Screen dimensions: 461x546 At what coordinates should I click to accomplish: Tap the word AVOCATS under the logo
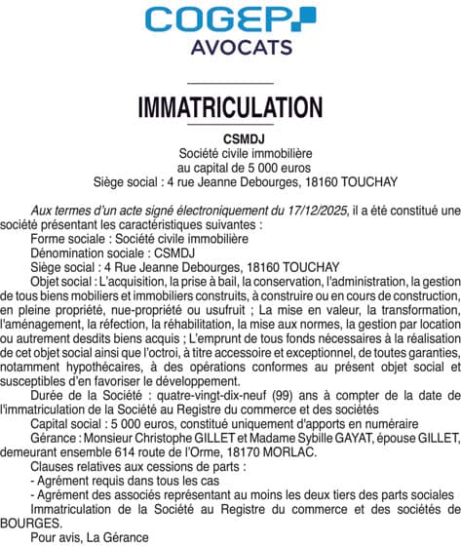[230, 48]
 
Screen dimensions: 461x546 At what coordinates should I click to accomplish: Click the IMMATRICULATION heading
[230, 106]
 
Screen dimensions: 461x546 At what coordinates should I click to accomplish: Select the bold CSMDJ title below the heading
[230, 138]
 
